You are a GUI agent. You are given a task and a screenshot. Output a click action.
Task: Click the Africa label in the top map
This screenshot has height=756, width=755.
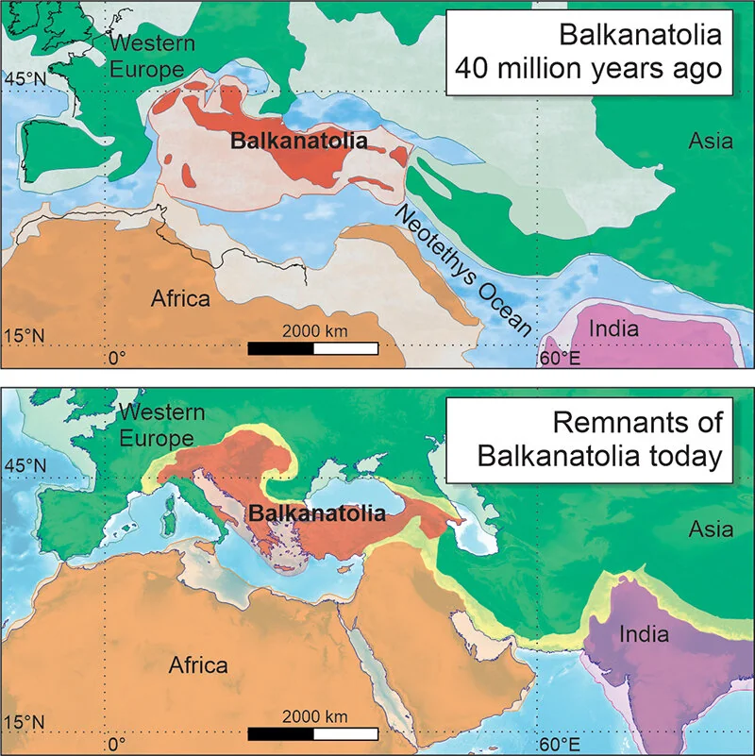180,299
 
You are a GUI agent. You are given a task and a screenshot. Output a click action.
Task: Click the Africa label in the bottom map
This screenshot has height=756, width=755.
198,665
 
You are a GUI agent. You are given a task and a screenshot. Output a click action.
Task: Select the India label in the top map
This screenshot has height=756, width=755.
614,329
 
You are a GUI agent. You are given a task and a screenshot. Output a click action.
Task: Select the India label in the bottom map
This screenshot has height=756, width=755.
645,633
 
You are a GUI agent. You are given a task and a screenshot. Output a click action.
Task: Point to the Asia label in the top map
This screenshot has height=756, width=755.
710,142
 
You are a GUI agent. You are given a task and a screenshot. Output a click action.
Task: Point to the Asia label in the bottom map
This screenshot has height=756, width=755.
711,529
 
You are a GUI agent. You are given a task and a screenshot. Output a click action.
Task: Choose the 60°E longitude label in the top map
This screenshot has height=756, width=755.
557,359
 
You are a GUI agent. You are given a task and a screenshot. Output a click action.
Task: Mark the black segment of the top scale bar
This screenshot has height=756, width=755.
280,348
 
